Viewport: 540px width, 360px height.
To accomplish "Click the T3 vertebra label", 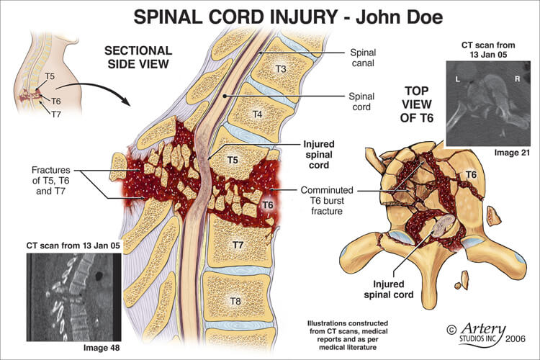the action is (x=281, y=68).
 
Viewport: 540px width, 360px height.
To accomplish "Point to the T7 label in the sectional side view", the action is (x=240, y=245).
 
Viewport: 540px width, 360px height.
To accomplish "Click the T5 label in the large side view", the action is (x=233, y=160).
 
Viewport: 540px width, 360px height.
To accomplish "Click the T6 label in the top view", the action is (x=469, y=175).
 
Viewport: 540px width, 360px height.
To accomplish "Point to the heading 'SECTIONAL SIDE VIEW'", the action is (x=138, y=58).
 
